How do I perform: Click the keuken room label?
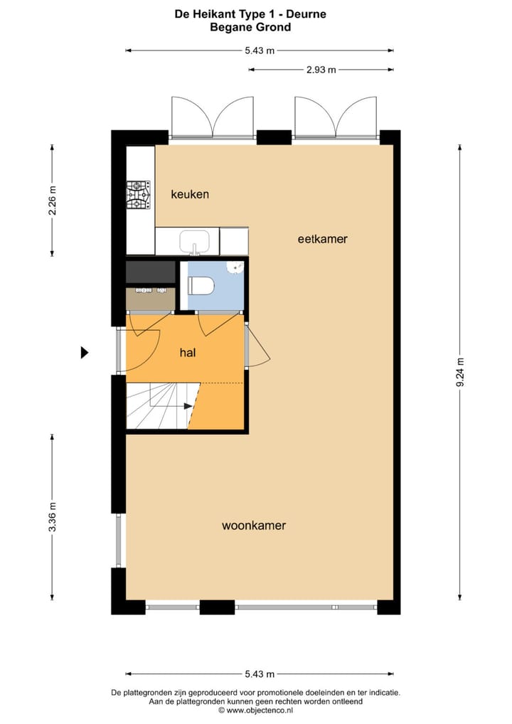pos(190,194)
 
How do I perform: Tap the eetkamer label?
pos(322,239)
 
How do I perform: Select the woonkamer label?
pos(254,526)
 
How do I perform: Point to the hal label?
pos(188,352)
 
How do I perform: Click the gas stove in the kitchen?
pos(139,195)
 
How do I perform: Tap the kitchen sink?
pos(193,243)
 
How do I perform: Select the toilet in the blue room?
pos(201,286)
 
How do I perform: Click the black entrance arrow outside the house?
pos(85,352)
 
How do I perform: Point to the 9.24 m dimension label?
pos(460,371)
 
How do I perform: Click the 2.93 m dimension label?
pos(320,70)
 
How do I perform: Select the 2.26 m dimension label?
pos(52,201)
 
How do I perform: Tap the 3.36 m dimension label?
pos(52,517)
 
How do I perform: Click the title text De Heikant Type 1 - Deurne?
pos(250,14)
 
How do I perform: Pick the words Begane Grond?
pos(250,27)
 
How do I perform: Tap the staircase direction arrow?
pos(188,406)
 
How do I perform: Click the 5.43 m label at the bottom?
pos(260,674)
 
